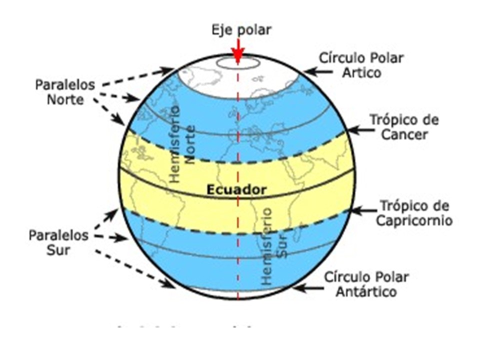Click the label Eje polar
coord(240,29)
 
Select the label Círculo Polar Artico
coord(361,65)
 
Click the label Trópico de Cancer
coord(404,127)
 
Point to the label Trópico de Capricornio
coord(415,213)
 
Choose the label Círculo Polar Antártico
coord(367,284)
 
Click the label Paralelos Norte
coord(64,91)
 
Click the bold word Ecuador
coord(236,190)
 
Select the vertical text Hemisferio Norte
coord(182,144)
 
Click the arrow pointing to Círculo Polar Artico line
coord(317,72)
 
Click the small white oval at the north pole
coord(238,63)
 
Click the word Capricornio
coord(415,220)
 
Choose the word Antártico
coord(367,291)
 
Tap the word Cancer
coord(404,134)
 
